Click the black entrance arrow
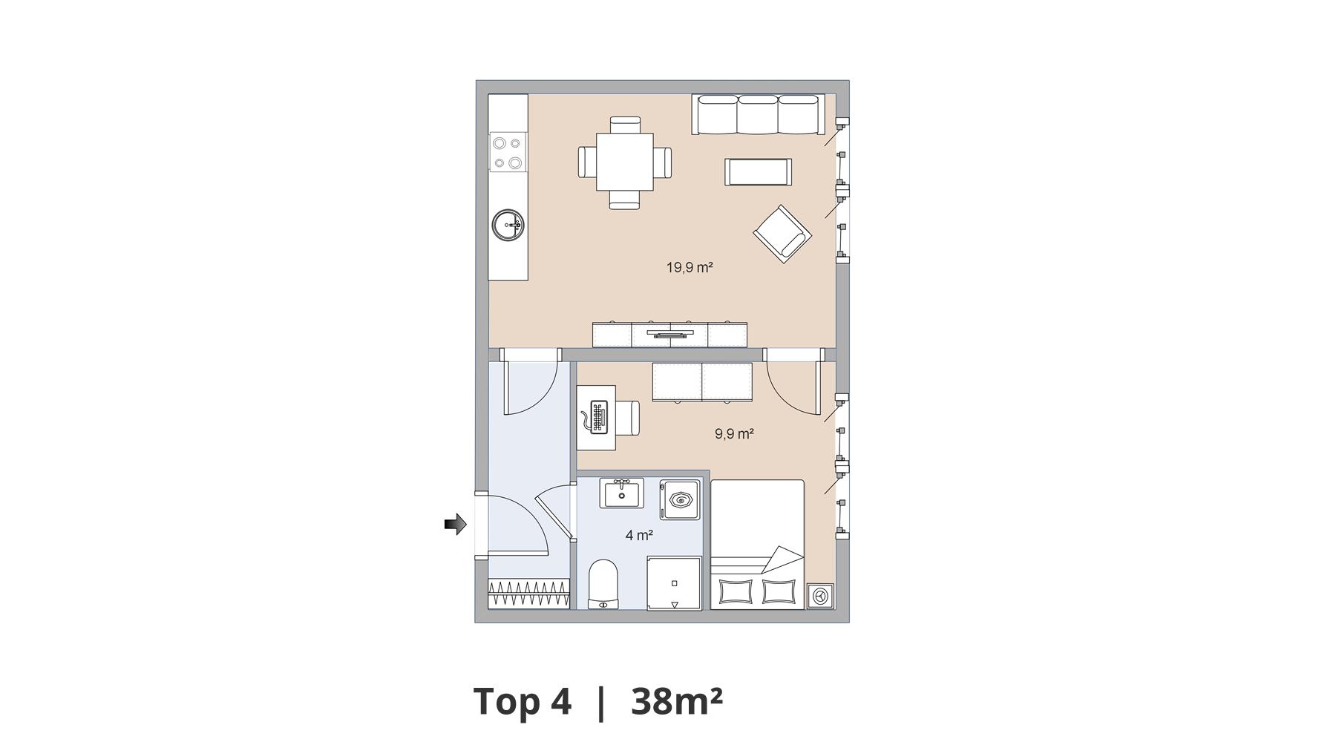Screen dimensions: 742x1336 click(x=455, y=525)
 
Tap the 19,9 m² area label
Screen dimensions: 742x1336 click(x=690, y=267)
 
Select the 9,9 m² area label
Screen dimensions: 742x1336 click(x=734, y=433)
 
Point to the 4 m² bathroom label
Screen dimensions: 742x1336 click(x=639, y=535)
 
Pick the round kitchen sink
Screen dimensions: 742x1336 click(x=508, y=224)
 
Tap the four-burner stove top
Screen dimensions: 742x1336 click(x=508, y=151)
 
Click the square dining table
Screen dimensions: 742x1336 click(x=625, y=162)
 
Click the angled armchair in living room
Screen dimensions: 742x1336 click(x=782, y=234)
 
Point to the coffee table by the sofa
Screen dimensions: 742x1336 click(x=758, y=172)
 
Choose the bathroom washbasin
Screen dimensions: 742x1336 click(x=621, y=493)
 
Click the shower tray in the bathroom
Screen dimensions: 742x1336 click(x=674, y=583)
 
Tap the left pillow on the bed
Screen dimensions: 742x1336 click(x=734, y=592)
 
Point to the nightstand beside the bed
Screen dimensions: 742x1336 click(x=820, y=596)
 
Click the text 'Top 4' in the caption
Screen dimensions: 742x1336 click(x=523, y=701)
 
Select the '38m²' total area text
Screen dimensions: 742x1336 click(x=676, y=701)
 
